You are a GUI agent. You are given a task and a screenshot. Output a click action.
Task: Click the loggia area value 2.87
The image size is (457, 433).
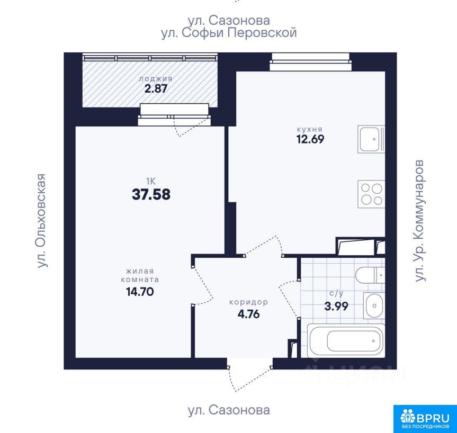156,88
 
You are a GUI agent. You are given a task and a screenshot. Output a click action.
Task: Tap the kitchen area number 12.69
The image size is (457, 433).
310,139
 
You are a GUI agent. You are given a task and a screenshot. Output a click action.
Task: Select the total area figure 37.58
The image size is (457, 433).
151,194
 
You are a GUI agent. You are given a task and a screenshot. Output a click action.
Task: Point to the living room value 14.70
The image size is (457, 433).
140,291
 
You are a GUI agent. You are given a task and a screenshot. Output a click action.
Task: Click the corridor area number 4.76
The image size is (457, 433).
248,314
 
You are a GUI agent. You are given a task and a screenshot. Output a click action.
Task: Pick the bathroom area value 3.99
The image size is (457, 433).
336,306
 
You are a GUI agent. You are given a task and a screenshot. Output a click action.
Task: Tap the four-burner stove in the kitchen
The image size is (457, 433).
371,194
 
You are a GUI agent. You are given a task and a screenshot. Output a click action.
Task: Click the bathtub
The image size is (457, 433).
346,340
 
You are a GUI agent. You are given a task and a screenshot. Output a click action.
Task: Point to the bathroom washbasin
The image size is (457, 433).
374,305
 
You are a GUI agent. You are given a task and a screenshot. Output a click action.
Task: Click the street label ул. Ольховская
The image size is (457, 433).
42,221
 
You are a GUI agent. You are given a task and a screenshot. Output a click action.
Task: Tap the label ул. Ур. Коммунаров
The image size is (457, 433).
420,221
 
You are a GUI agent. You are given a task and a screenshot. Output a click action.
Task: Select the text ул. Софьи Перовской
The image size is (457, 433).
229,33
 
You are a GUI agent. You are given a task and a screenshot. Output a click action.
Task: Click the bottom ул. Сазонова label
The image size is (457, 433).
229,410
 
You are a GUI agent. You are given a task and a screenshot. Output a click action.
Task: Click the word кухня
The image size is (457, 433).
310,129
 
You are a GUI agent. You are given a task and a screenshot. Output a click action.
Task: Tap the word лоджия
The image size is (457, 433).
156,79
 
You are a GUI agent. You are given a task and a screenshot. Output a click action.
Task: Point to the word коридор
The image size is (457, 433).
248,302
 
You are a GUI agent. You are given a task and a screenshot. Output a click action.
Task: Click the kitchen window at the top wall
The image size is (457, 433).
310,62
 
